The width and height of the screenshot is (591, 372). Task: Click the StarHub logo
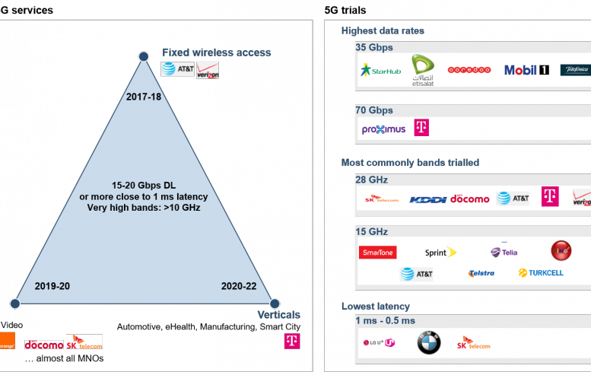[380, 71]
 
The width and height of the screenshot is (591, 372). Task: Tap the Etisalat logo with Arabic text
[421, 71]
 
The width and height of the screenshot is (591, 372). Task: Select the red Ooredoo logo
[469, 69]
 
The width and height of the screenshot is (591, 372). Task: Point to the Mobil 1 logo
[526, 70]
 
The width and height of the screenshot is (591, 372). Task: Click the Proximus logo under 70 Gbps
[383, 129]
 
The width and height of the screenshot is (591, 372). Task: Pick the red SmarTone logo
[377, 253]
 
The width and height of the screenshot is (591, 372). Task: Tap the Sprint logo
[440, 252]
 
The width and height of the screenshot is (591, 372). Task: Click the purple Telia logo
[504, 253]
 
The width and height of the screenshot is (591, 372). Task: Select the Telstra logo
[481, 273]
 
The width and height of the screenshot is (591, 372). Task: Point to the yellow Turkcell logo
[541, 272]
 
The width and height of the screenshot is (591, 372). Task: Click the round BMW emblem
[428, 345]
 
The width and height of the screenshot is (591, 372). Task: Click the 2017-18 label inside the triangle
[144, 97]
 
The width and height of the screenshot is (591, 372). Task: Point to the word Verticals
[279, 315]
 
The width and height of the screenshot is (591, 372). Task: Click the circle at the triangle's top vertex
[143, 56]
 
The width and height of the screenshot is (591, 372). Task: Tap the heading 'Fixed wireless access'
[216, 52]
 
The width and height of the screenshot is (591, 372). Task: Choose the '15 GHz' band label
[371, 232]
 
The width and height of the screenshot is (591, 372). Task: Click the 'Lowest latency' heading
[375, 306]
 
